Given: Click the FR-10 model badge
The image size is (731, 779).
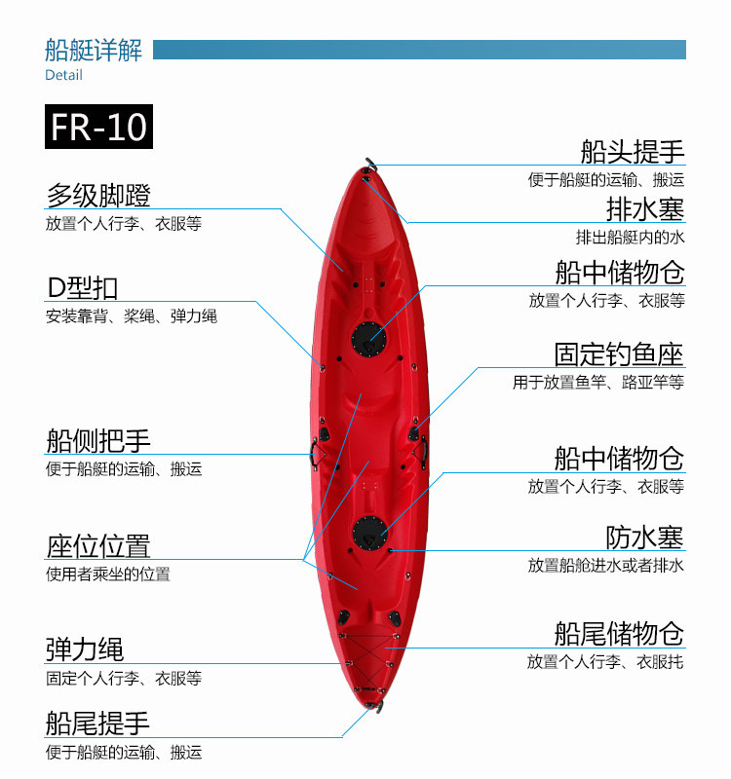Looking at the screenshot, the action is [98, 128].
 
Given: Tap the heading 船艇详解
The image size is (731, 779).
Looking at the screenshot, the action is [94, 50].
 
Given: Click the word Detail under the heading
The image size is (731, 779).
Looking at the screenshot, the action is [63, 75].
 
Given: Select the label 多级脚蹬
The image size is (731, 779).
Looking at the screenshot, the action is [98, 195].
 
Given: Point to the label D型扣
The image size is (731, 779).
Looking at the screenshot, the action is [83, 287].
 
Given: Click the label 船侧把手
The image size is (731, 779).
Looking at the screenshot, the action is [98, 440].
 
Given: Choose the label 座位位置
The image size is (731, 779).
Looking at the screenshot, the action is [98, 544].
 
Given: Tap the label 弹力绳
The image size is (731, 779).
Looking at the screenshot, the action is [85, 649].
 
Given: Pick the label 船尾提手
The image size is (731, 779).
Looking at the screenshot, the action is [98, 723].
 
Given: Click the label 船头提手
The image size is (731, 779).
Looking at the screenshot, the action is [632, 151].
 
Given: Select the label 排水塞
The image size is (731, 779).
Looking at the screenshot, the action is [644, 208].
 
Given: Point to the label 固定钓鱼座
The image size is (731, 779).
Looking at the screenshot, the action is [619, 353].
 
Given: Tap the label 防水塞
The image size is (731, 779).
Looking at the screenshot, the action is [644, 536].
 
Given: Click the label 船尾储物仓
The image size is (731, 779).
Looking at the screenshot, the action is [619, 633].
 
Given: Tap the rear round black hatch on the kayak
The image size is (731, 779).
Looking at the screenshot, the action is [370, 532].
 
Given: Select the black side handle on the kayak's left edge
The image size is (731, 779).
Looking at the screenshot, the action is [316, 450].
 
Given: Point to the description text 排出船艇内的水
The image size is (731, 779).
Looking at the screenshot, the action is [630, 237].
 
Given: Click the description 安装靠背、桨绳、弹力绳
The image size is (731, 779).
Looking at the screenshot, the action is [132, 316].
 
